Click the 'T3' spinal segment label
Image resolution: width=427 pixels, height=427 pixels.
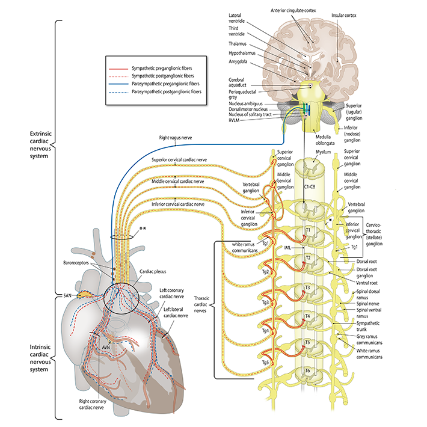coord(307,287)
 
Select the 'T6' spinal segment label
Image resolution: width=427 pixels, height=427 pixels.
coord(307,370)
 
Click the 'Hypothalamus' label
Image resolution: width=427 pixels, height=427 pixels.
coord(243,53)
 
